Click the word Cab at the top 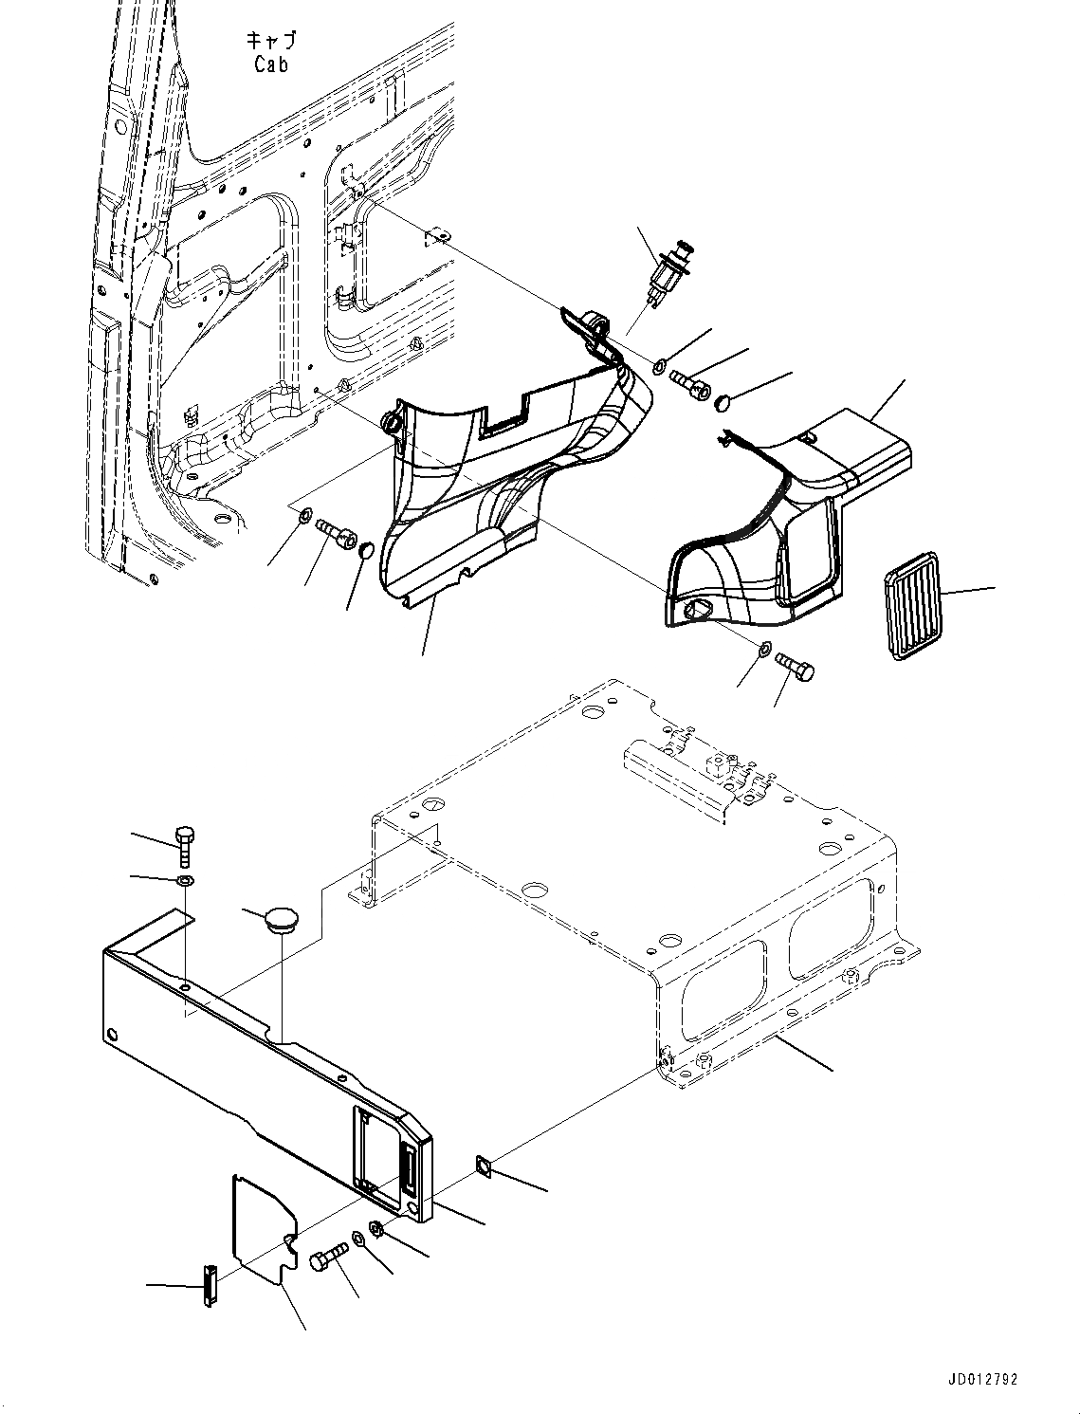point(271,64)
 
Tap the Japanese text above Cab point(271,41)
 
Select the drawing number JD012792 point(980,1380)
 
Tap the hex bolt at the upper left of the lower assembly point(185,846)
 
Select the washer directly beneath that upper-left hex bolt point(186,883)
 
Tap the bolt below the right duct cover point(796,667)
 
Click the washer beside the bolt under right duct point(764,649)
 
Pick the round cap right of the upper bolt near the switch point(724,402)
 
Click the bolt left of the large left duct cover point(339,533)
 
